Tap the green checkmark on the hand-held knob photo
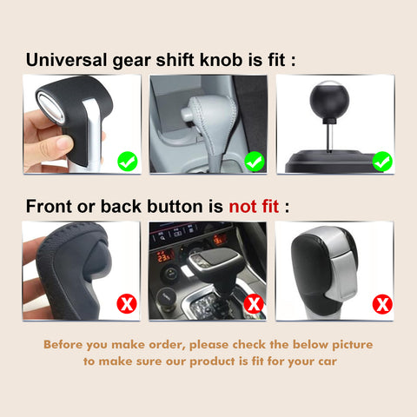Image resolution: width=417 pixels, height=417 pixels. [127, 161]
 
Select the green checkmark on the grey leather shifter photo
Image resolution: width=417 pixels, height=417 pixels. [254, 161]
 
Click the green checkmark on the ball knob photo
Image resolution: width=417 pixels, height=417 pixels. [381, 161]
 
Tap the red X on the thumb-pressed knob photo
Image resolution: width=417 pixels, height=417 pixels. [127, 304]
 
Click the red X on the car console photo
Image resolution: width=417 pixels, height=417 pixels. [254, 304]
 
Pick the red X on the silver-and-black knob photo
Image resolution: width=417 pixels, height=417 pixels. [381, 304]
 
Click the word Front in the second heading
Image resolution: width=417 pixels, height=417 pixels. [50, 208]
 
